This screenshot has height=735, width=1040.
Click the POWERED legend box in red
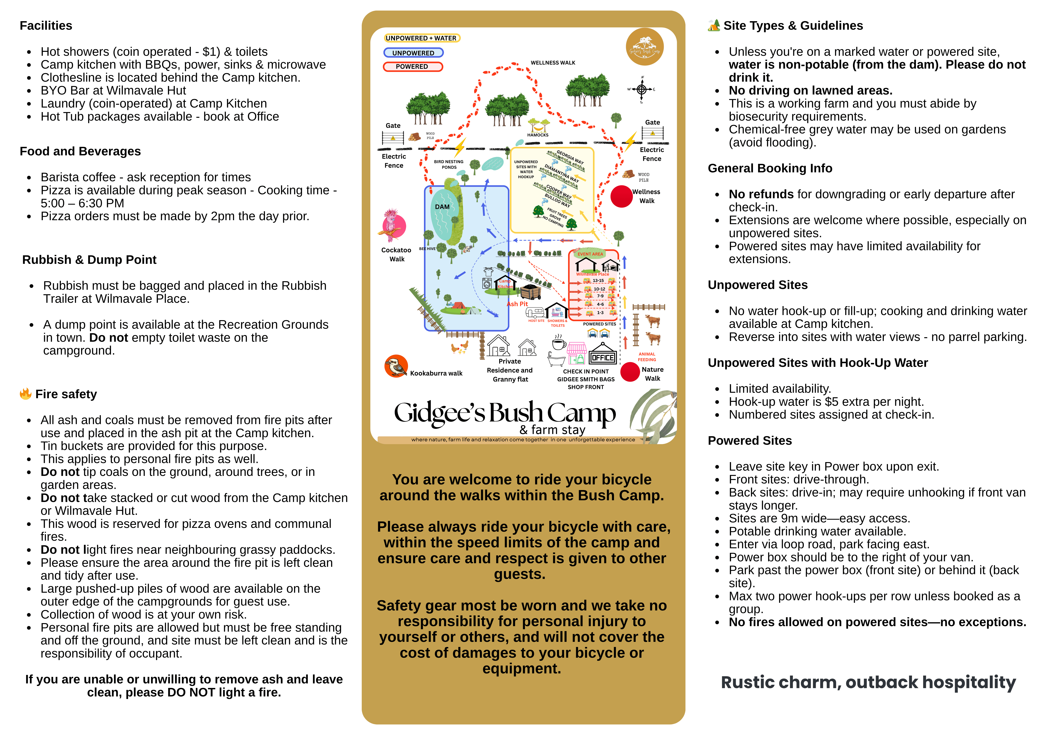coord(412,67)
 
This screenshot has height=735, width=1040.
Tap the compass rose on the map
coord(641,89)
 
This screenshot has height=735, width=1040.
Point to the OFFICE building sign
coord(602,357)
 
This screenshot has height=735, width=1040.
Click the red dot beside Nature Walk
coord(630,372)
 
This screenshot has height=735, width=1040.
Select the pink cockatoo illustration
coord(392,225)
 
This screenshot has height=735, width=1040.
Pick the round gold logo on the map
coord(645,47)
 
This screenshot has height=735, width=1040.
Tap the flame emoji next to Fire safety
coord(25,394)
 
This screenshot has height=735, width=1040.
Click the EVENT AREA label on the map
coord(590,254)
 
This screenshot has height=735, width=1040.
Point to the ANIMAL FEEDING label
coord(647,357)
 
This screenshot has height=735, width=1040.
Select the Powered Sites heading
coord(750,441)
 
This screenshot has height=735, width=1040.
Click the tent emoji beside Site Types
coord(714,25)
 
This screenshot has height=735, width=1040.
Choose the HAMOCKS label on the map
coord(538,135)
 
